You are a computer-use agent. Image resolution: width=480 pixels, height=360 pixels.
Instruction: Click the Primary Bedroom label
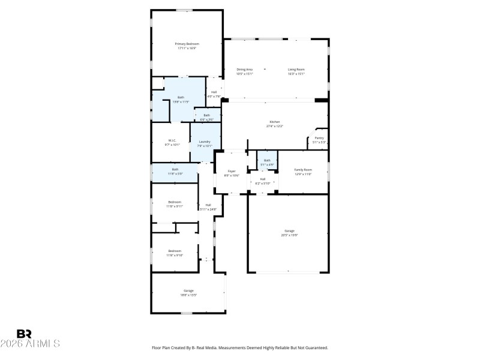[187, 44]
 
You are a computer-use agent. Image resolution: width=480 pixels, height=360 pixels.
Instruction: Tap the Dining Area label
[244, 70]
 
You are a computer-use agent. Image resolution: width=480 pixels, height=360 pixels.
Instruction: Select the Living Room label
[296, 70]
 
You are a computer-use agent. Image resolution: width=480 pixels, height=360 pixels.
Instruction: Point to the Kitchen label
[275, 122]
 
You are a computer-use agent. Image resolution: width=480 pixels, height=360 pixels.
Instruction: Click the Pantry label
[319, 138]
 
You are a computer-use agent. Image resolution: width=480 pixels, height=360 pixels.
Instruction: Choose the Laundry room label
[205, 142]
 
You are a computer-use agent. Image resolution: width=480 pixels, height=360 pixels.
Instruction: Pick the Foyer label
[232, 172]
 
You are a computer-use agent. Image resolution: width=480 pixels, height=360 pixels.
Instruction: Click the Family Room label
[303, 170]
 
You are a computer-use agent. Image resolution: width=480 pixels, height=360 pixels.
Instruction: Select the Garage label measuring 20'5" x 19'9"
[289, 231]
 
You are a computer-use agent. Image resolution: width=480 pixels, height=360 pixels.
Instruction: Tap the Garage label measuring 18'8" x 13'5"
[188, 291]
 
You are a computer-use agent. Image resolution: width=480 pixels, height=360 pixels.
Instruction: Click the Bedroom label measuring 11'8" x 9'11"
[174, 202]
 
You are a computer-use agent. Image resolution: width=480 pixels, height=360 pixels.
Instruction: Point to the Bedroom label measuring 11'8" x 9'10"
[175, 251]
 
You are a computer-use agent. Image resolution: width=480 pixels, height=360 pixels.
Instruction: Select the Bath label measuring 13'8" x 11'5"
[181, 97]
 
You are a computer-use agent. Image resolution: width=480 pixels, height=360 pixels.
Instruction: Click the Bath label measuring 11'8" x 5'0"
[175, 169]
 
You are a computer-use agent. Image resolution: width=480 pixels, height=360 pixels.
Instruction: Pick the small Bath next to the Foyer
[268, 160]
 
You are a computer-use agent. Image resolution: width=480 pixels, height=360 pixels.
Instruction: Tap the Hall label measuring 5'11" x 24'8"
[208, 205]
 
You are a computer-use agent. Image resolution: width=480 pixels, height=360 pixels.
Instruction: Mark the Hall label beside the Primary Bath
[214, 92]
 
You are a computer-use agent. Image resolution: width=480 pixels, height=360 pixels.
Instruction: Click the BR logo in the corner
[24, 334]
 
